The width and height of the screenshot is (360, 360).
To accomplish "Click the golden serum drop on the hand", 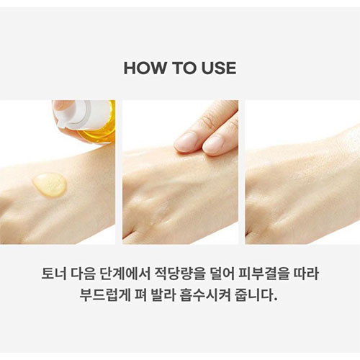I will pos(49,185).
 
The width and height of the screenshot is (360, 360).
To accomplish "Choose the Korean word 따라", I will pos(307,274).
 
